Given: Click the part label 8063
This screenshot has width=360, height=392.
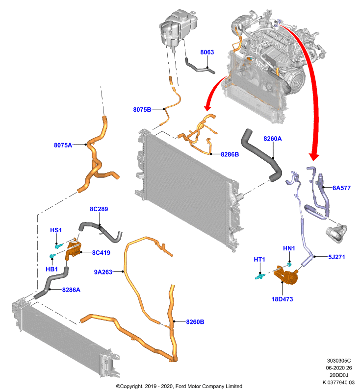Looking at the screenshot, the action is (207, 52).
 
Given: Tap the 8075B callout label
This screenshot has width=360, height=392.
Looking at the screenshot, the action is (142, 109).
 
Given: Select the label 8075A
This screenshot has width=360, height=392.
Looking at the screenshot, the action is (63, 145).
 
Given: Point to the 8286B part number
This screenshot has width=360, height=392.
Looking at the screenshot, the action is (230, 154).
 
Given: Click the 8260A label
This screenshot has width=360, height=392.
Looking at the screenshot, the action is (272, 139).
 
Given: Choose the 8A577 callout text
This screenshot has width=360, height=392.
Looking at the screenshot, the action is (341, 188).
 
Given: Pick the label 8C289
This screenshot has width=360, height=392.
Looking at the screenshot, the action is (99, 209).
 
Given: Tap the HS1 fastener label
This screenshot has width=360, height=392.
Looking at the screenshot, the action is (56, 230).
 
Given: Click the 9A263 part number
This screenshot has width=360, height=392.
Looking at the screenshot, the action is (103, 272).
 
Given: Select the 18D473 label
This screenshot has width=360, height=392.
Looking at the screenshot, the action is (282, 299).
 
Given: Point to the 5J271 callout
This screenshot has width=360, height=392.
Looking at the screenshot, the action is (336, 257).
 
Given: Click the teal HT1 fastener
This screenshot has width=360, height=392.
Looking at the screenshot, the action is (260, 276).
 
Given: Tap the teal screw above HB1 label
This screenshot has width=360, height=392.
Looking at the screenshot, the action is (52, 256).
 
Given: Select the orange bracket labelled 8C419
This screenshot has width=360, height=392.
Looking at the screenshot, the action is (73, 248).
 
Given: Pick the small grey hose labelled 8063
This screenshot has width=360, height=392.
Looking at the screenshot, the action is (200, 67).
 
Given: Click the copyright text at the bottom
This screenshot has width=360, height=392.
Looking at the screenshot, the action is (179, 386).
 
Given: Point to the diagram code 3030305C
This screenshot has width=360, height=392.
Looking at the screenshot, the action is (339, 361).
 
